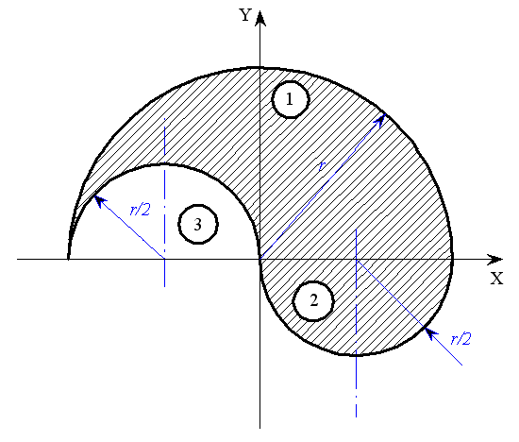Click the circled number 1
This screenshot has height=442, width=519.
[x=291, y=99]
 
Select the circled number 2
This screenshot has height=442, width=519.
[x=313, y=301]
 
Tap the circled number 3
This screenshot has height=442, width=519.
[x=198, y=225]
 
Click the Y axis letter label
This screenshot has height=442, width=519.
[x=245, y=15]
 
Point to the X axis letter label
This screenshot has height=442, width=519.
[x=496, y=279]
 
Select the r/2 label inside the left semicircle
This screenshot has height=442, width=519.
[x=141, y=210]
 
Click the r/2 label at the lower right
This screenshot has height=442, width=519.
[x=460, y=339]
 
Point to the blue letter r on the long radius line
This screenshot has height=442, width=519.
[x=322, y=166]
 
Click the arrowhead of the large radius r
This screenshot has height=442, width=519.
[x=380, y=119]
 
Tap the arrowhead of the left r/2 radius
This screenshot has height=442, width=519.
[x=100, y=201]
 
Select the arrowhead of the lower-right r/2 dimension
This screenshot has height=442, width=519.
[x=430, y=333]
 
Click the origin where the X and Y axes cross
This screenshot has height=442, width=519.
[x=260, y=259]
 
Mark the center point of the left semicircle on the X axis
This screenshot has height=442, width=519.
[x=164, y=259]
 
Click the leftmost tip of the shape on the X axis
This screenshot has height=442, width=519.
[x=68, y=259]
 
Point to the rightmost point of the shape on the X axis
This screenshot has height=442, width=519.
[x=452, y=259]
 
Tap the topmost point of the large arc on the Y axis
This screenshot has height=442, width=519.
[x=260, y=68]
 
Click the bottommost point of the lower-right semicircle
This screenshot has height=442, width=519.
[x=357, y=355]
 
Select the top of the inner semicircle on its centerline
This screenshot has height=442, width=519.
[x=164, y=163]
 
